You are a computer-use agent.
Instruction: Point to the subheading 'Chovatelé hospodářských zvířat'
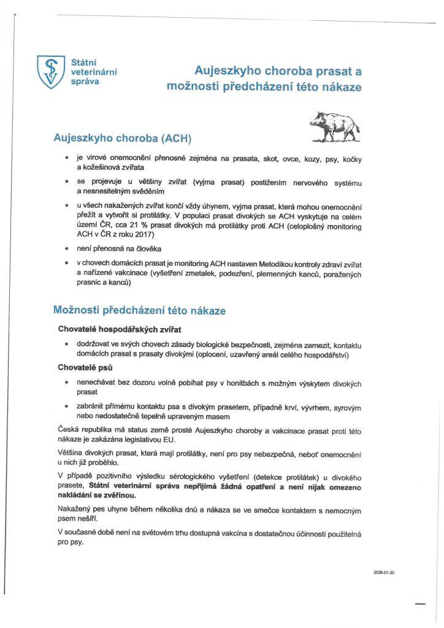click(120, 329)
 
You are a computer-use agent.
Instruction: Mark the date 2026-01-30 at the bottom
click(383, 572)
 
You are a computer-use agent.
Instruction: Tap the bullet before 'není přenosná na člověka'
click(66, 250)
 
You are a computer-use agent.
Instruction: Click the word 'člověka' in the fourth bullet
click(145, 250)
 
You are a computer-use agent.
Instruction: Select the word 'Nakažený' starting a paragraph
click(73, 509)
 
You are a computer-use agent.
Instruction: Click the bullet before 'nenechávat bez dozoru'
click(66, 382)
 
